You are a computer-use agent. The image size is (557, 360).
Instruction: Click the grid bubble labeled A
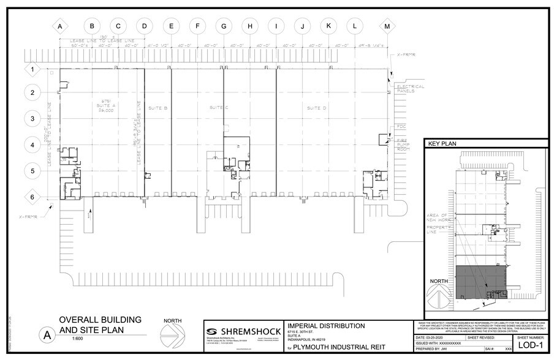(x=60, y=26)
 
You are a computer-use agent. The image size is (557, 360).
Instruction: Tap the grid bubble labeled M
(x=387, y=26)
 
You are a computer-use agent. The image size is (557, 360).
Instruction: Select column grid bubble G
(x=224, y=26)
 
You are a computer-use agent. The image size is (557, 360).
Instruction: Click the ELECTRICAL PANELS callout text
(x=410, y=88)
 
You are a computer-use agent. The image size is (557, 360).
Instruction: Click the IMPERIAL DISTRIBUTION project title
(x=325, y=326)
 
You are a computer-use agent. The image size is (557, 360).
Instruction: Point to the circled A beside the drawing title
(x=45, y=335)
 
